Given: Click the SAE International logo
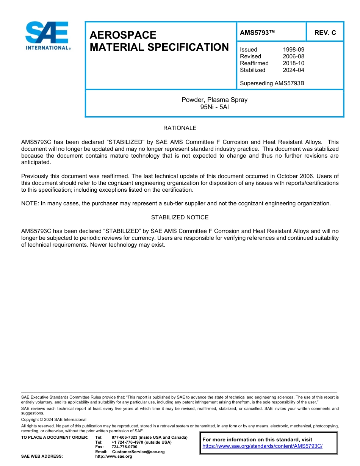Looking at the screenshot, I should (x=47, y=36).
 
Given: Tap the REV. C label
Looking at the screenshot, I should (x=325, y=33).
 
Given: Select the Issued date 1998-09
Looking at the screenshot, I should (x=293, y=50).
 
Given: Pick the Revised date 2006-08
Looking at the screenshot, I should (x=293, y=56).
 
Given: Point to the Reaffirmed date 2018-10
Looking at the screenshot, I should (x=293, y=63).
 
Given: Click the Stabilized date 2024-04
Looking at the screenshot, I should (x=293, y=70).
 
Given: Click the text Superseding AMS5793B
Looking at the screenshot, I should (x=272, y=83).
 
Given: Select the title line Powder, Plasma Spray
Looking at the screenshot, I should (x=214, y=100).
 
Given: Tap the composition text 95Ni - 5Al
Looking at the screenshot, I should (x=214, y=107).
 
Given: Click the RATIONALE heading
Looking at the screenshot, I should (x=180, y=128).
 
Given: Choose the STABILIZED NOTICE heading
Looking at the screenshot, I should (x=180, y=217).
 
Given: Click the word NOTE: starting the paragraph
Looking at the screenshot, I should (x=30, y=203).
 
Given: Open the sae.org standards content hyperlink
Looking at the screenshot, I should (x=262, y=446).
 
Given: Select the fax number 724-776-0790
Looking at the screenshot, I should (x=124, y=447).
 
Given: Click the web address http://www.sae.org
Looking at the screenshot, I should (x=114, y=457).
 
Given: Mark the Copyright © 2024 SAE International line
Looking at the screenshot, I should (x=53, y=420).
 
